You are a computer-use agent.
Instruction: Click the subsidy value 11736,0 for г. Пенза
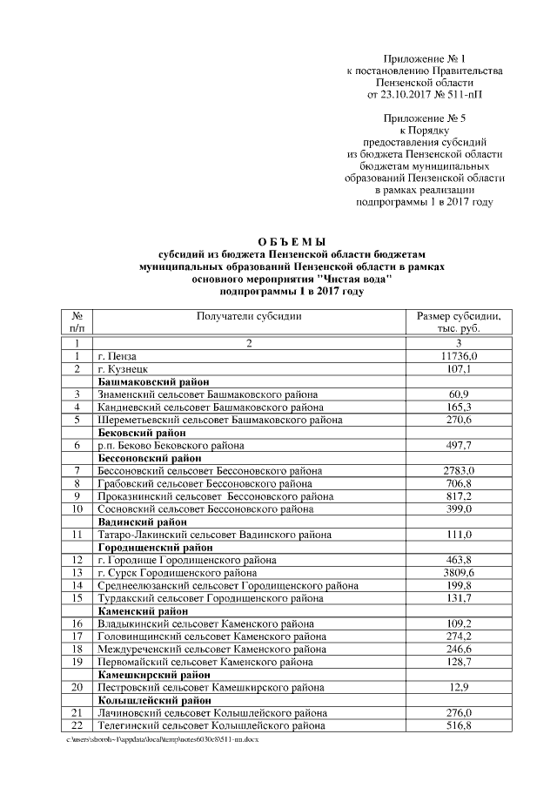point(459,357)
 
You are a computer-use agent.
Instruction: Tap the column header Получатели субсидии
point(249,316)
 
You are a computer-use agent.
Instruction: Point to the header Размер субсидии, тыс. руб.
point(459,322)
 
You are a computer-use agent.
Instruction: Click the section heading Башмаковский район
point(151,382)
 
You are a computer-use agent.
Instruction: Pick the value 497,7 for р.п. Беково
point(459,445)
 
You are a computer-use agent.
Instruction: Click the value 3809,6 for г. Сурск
point(459,573)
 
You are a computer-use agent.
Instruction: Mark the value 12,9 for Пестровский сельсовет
point(459,687)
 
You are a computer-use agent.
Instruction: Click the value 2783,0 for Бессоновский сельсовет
point(459,470)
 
